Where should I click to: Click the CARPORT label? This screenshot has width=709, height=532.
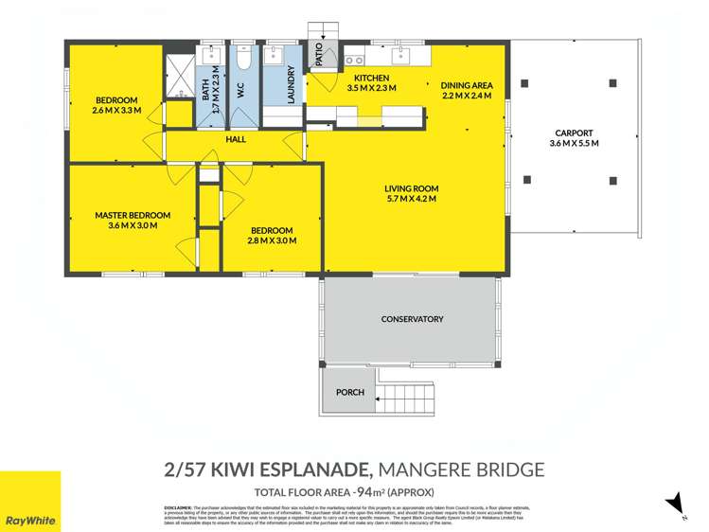tap(575, 133)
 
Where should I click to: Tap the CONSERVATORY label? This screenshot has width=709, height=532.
tap(412, 319)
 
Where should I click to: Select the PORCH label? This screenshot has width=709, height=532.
tap(349, 392)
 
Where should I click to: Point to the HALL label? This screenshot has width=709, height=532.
tap(236, 139)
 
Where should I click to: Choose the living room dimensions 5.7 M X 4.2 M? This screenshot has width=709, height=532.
tap(411, 200)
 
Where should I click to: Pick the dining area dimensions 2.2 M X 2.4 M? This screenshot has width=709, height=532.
tap(468, 95)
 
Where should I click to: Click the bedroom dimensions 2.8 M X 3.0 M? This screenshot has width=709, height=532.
tap(272, 241)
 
